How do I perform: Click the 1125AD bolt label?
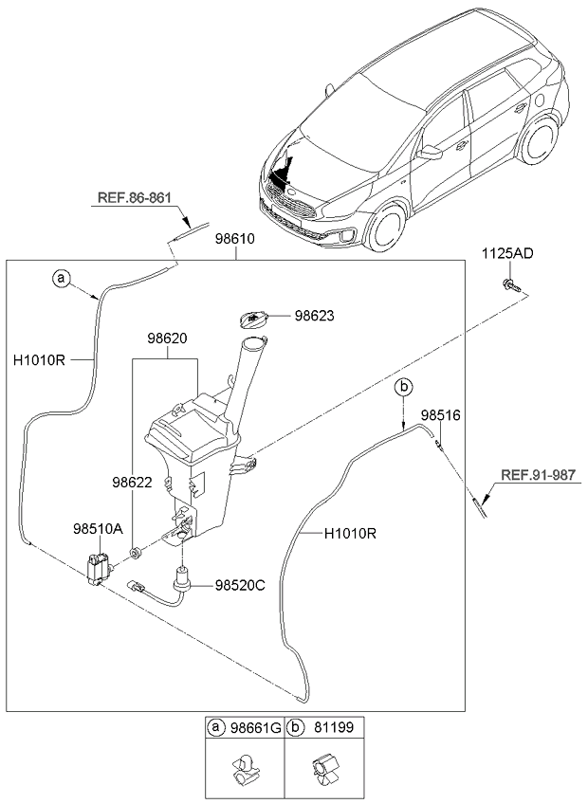pyautogui.click(x=507, y=253)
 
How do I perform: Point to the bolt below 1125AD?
pyautogui.click(x=509, y=284)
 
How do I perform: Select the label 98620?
pyautogui.click(x=167, y=337)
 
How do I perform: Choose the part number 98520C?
pyautogui.click(x=239, y=586)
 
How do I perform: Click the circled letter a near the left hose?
pyautogui.click(x=62, y=279)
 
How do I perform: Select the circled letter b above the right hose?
pyautogui.click(x=403, y=386)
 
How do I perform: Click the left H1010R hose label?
pyautogui.click(x=40, y=360)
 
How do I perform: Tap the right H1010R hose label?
pyautogui.click(x=351, y=534)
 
